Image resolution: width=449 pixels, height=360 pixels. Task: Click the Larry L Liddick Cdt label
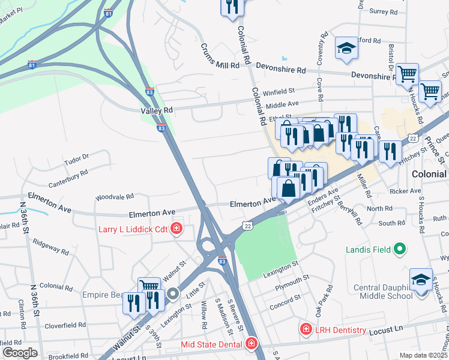point(134,229)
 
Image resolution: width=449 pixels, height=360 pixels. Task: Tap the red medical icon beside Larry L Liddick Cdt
point(176,228)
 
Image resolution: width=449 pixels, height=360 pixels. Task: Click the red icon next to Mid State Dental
point(252,344)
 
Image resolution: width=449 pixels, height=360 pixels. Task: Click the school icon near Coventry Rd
point(346,47)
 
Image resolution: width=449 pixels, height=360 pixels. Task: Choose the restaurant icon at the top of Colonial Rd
point(231,7)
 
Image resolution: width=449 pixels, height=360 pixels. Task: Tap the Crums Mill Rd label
point(215,58)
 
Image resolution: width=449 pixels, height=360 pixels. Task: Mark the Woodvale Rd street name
point(114,197)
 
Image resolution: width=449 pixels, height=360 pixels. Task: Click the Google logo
point(20,353)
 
